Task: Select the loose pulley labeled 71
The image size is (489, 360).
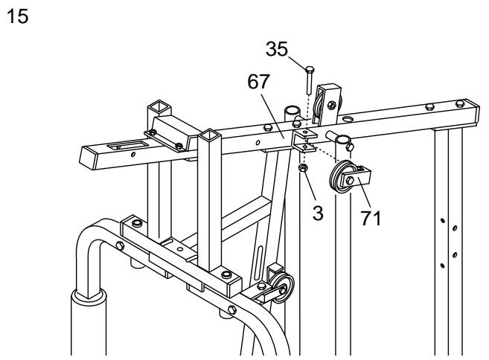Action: pyautogui.click(x=345, y=179)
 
